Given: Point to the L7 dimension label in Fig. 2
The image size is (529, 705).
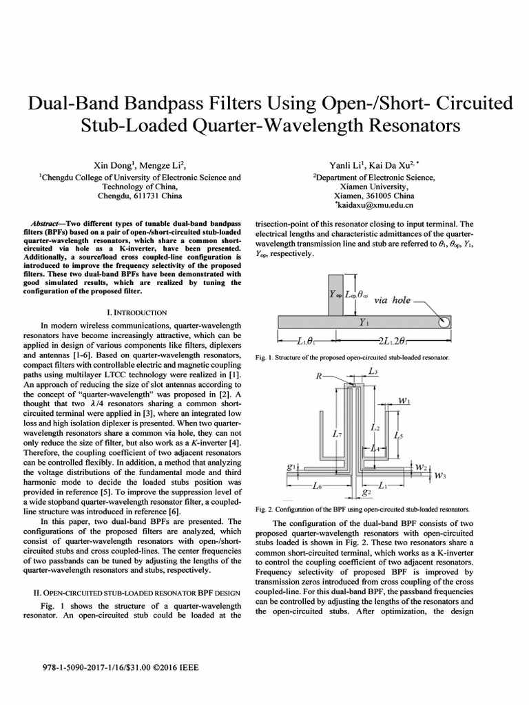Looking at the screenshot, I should click(x=335, y=434).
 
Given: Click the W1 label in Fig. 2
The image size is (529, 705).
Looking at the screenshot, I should click(x=404, y=400).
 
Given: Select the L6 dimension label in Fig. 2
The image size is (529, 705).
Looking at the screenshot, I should click(x=317, y=487).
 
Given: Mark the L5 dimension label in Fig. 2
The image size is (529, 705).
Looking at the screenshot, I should click(x=399, y=435).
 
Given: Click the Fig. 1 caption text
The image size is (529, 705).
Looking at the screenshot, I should click(x=353, y=358).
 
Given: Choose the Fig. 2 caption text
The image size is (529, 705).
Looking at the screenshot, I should click(x=362, y=509).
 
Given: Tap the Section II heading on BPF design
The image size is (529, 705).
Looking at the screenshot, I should click(x=136, y=592).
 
